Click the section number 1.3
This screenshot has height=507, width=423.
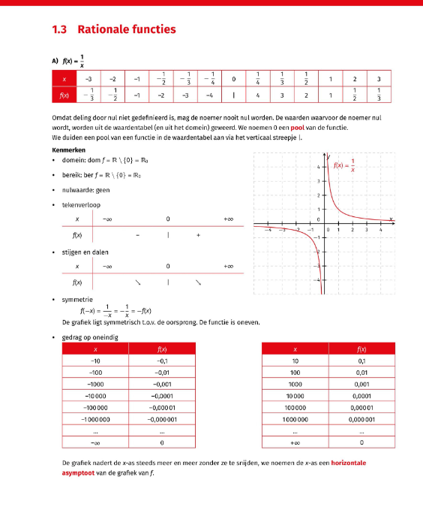click(x=60, y=30)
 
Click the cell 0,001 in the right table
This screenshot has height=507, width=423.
click(x=362, y=384)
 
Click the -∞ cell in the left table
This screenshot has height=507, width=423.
click(x=95, y=442)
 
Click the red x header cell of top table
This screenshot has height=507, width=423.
click(x=64, y=79)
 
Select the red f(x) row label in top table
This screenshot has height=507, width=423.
click(x=64, y=95)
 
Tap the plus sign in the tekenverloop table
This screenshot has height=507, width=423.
click(x=198, y=235)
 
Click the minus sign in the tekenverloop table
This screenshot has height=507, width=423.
click(x=138, y=235)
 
